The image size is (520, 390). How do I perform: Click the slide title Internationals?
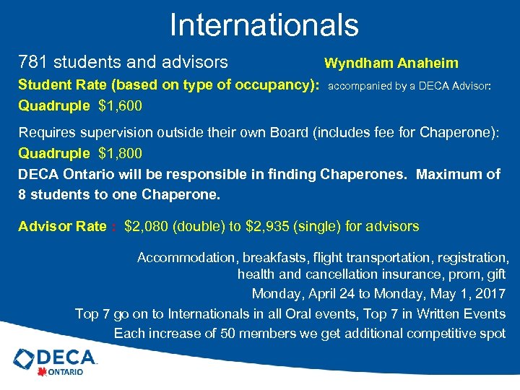(264, 25)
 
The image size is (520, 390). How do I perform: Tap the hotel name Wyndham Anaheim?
(391, 64)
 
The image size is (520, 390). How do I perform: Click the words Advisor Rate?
(62, 227)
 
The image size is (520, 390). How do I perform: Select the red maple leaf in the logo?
(42, 372)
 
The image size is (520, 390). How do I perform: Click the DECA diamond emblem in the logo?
(24, 357)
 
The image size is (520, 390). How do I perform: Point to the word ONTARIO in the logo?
(66, 373)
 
